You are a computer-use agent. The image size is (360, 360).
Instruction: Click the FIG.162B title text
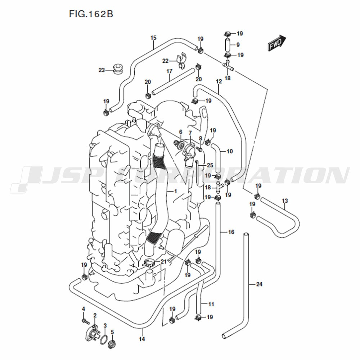(91, 14)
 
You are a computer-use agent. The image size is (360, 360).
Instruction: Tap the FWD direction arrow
(277, 43)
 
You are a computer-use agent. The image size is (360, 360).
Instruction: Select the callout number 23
(102, 70)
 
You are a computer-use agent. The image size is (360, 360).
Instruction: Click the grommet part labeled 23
(118, 69)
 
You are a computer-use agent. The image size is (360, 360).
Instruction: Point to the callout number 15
(153, 38)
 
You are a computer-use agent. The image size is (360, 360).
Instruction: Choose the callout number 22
(165, 61)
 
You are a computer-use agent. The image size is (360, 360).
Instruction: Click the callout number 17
(169, 71)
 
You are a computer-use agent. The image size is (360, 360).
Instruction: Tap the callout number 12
(219, 81)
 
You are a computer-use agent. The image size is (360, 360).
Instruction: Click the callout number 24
(259, 284)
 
